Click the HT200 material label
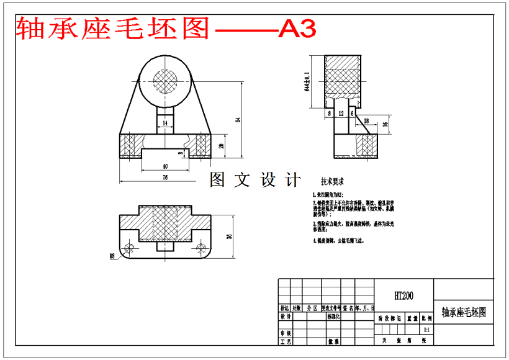tap(403, 296)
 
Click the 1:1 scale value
tap(426, 330)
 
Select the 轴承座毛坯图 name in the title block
tap(463, 312)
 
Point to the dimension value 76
tap(164, 178)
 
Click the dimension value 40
tap(164, 166)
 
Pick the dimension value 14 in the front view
tap(164, 124)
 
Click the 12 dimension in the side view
tap(341, 114)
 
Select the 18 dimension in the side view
tap(366, 120)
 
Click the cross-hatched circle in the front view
tap(165, 81)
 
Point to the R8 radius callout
tap(112, 255)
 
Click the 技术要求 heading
tap(332, 182)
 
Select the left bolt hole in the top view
tap(129, 248)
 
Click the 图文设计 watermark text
tap(254, 180)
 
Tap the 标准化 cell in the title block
tap(333, 317)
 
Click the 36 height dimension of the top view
tap(228, 236)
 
